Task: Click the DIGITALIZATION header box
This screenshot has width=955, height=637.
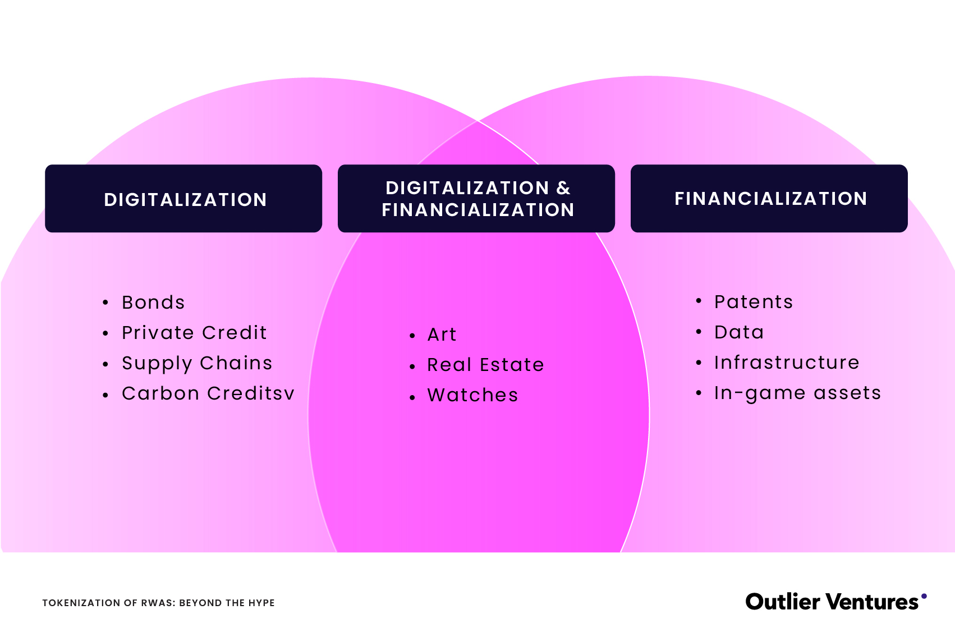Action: point(183,199)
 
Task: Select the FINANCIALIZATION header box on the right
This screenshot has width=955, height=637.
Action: point(769,199)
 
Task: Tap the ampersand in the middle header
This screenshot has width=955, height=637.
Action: point(563,188)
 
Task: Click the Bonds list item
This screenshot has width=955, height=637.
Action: point(153,303)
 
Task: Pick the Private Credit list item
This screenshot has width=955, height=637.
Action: point(194,333)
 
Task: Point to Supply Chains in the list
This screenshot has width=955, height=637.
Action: point(197,363)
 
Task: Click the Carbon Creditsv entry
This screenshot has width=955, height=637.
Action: point(208,393)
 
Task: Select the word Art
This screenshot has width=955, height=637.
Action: point(442,334)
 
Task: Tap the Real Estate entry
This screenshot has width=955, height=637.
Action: point(485,365)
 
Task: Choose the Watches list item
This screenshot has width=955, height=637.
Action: point(472,395)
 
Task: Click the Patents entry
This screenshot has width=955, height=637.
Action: point(754,302)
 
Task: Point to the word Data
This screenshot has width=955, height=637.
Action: point(739,332)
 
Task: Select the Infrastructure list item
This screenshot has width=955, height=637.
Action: point(787,363)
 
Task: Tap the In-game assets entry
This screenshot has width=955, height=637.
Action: point(797,393)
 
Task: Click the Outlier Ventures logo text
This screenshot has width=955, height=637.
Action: point(832,602)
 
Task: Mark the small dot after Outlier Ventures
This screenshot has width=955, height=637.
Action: point(924,596)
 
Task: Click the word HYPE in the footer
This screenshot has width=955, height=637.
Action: point(262,603)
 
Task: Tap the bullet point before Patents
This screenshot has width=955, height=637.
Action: point(699,301)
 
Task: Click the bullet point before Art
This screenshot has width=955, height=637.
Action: point(412,336)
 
